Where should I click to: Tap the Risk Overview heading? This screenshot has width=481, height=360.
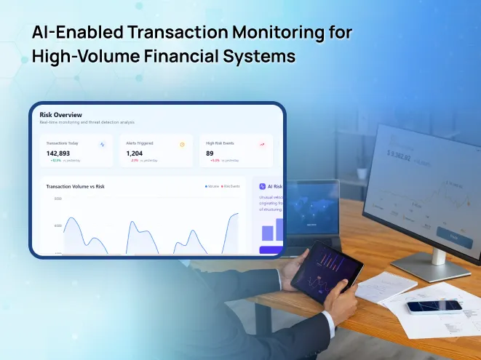click(x=60, y=114)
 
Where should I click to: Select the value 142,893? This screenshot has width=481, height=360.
click(x=58, y=153)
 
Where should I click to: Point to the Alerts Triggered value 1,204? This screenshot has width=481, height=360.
click(x=135, y=153)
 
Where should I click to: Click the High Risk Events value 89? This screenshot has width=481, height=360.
click(x=210, y=153)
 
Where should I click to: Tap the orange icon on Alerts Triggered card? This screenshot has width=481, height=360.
click(x=182, y=144)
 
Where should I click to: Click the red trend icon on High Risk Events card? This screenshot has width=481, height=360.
click(x=262, y=144)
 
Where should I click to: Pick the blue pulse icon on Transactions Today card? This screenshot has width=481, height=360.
click(x=103, y=144)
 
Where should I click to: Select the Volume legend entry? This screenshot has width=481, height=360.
click(x=213, y=186)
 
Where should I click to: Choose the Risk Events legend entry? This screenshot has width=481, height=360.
click(x=231, y=186)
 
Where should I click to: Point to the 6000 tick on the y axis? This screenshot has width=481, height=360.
click(x=57, y=225)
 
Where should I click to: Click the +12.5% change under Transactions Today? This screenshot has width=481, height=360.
click(x=55, y=160)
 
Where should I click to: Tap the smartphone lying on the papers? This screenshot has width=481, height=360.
click(x=434, y=306)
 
